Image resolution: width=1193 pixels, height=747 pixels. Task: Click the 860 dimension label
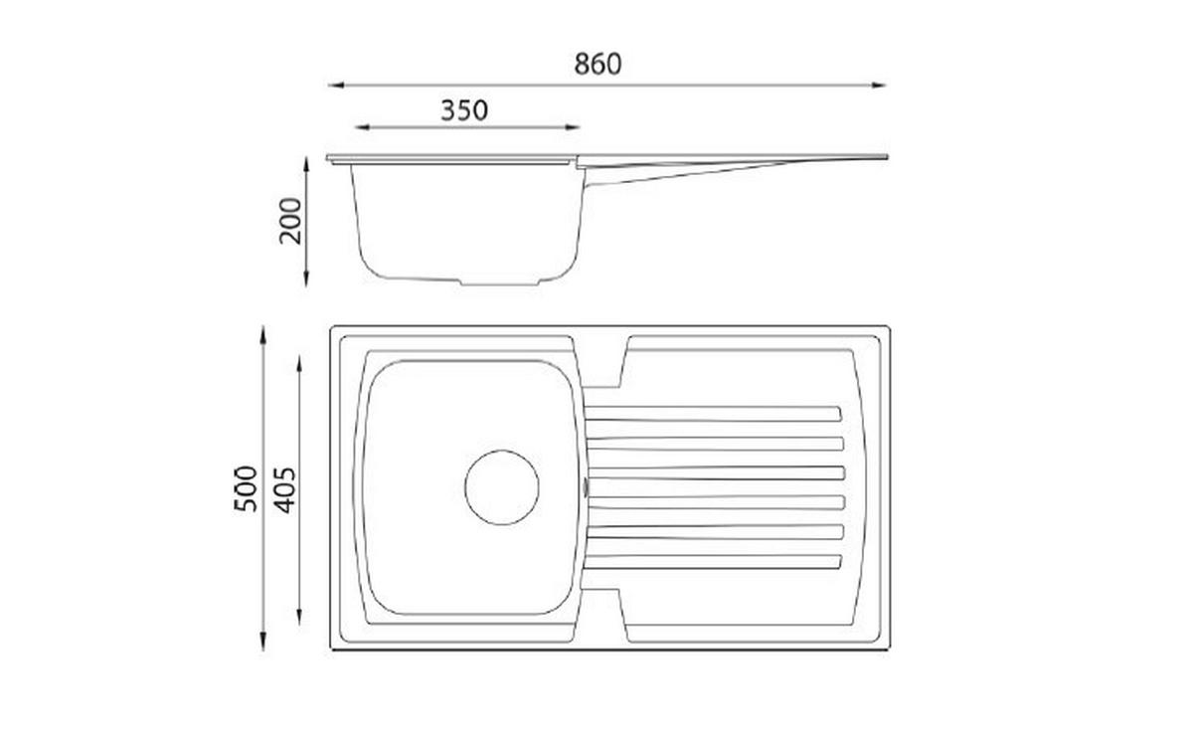click(x=597, y=64)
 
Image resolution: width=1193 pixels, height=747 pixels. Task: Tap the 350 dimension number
click(x=464, y=110)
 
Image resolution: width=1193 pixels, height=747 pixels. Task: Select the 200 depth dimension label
click(x=290, y=221)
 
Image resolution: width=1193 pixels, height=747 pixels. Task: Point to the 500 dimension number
click(x=246, y=488)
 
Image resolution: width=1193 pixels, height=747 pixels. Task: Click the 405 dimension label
click(x=285, y=490)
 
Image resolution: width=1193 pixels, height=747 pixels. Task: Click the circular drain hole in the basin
click(x=502, y=487)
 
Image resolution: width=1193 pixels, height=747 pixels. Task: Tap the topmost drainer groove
click(x=713, y=414)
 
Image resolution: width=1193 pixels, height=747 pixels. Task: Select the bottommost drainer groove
click(x=713, y=562)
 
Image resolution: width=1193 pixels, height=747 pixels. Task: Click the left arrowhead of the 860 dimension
click(x=335, y=85)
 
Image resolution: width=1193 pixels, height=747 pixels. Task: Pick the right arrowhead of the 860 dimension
click(x=879, y=85)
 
